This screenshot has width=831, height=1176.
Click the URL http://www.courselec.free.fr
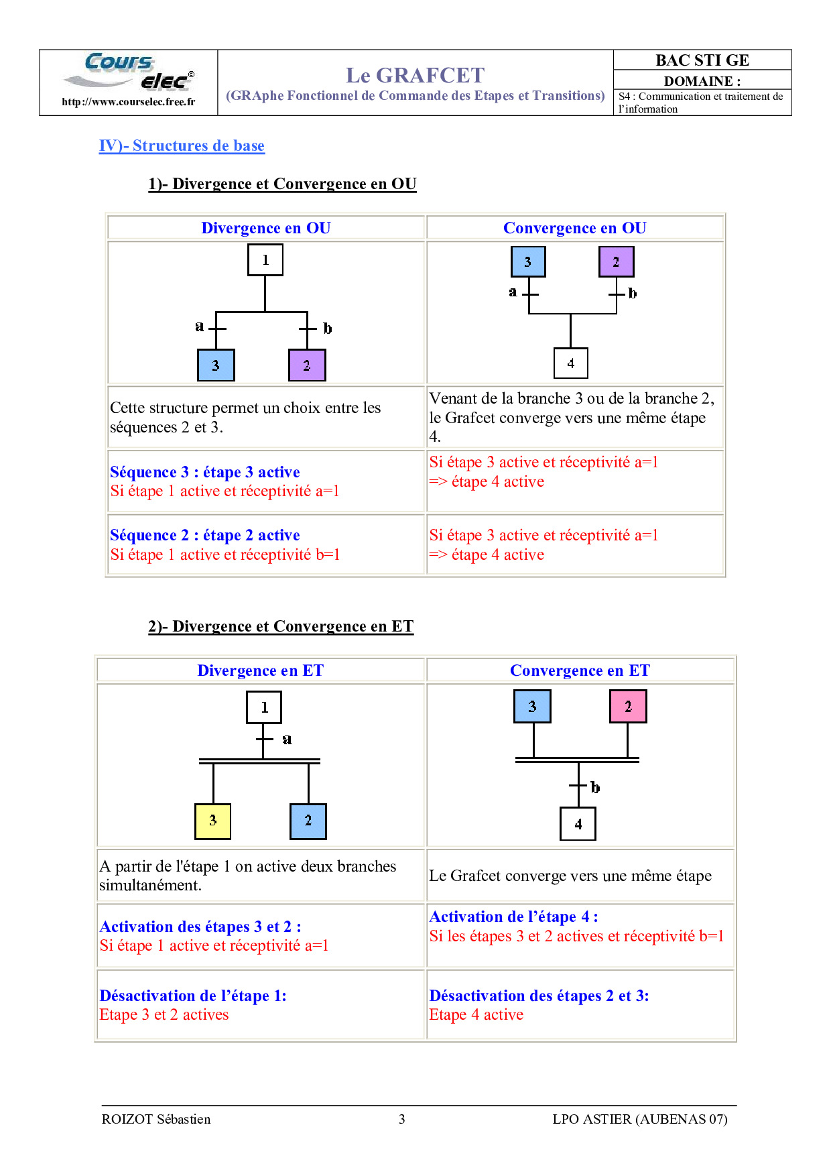point(129,102)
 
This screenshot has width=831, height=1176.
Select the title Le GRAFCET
point(415,75)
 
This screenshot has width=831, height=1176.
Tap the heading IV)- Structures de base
point(182,145)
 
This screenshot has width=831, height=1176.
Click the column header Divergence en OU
point(266,228)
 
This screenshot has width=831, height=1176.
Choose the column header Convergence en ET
point(580,670)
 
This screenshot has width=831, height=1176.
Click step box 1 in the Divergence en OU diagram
point(265,260)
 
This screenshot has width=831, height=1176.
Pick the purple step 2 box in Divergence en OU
point(307,365)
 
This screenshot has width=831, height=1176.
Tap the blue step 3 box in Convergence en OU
point(528,261)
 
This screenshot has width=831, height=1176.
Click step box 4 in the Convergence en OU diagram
point(571,363)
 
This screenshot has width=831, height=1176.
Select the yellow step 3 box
point(212,821)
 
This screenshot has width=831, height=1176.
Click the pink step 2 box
point(628,706)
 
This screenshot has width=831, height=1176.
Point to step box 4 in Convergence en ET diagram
point(578,824)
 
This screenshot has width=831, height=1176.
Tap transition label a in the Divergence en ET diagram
point(287,740)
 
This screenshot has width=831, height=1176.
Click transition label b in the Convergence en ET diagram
point(595,787)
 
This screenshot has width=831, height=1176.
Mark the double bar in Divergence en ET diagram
point(259,761)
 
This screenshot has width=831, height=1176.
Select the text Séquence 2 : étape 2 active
point(205,535)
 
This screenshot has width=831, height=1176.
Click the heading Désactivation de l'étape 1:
point(193,996)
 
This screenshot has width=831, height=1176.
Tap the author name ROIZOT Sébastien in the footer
point(156,1119)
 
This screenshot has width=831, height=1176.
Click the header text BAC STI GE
point(702,60)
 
